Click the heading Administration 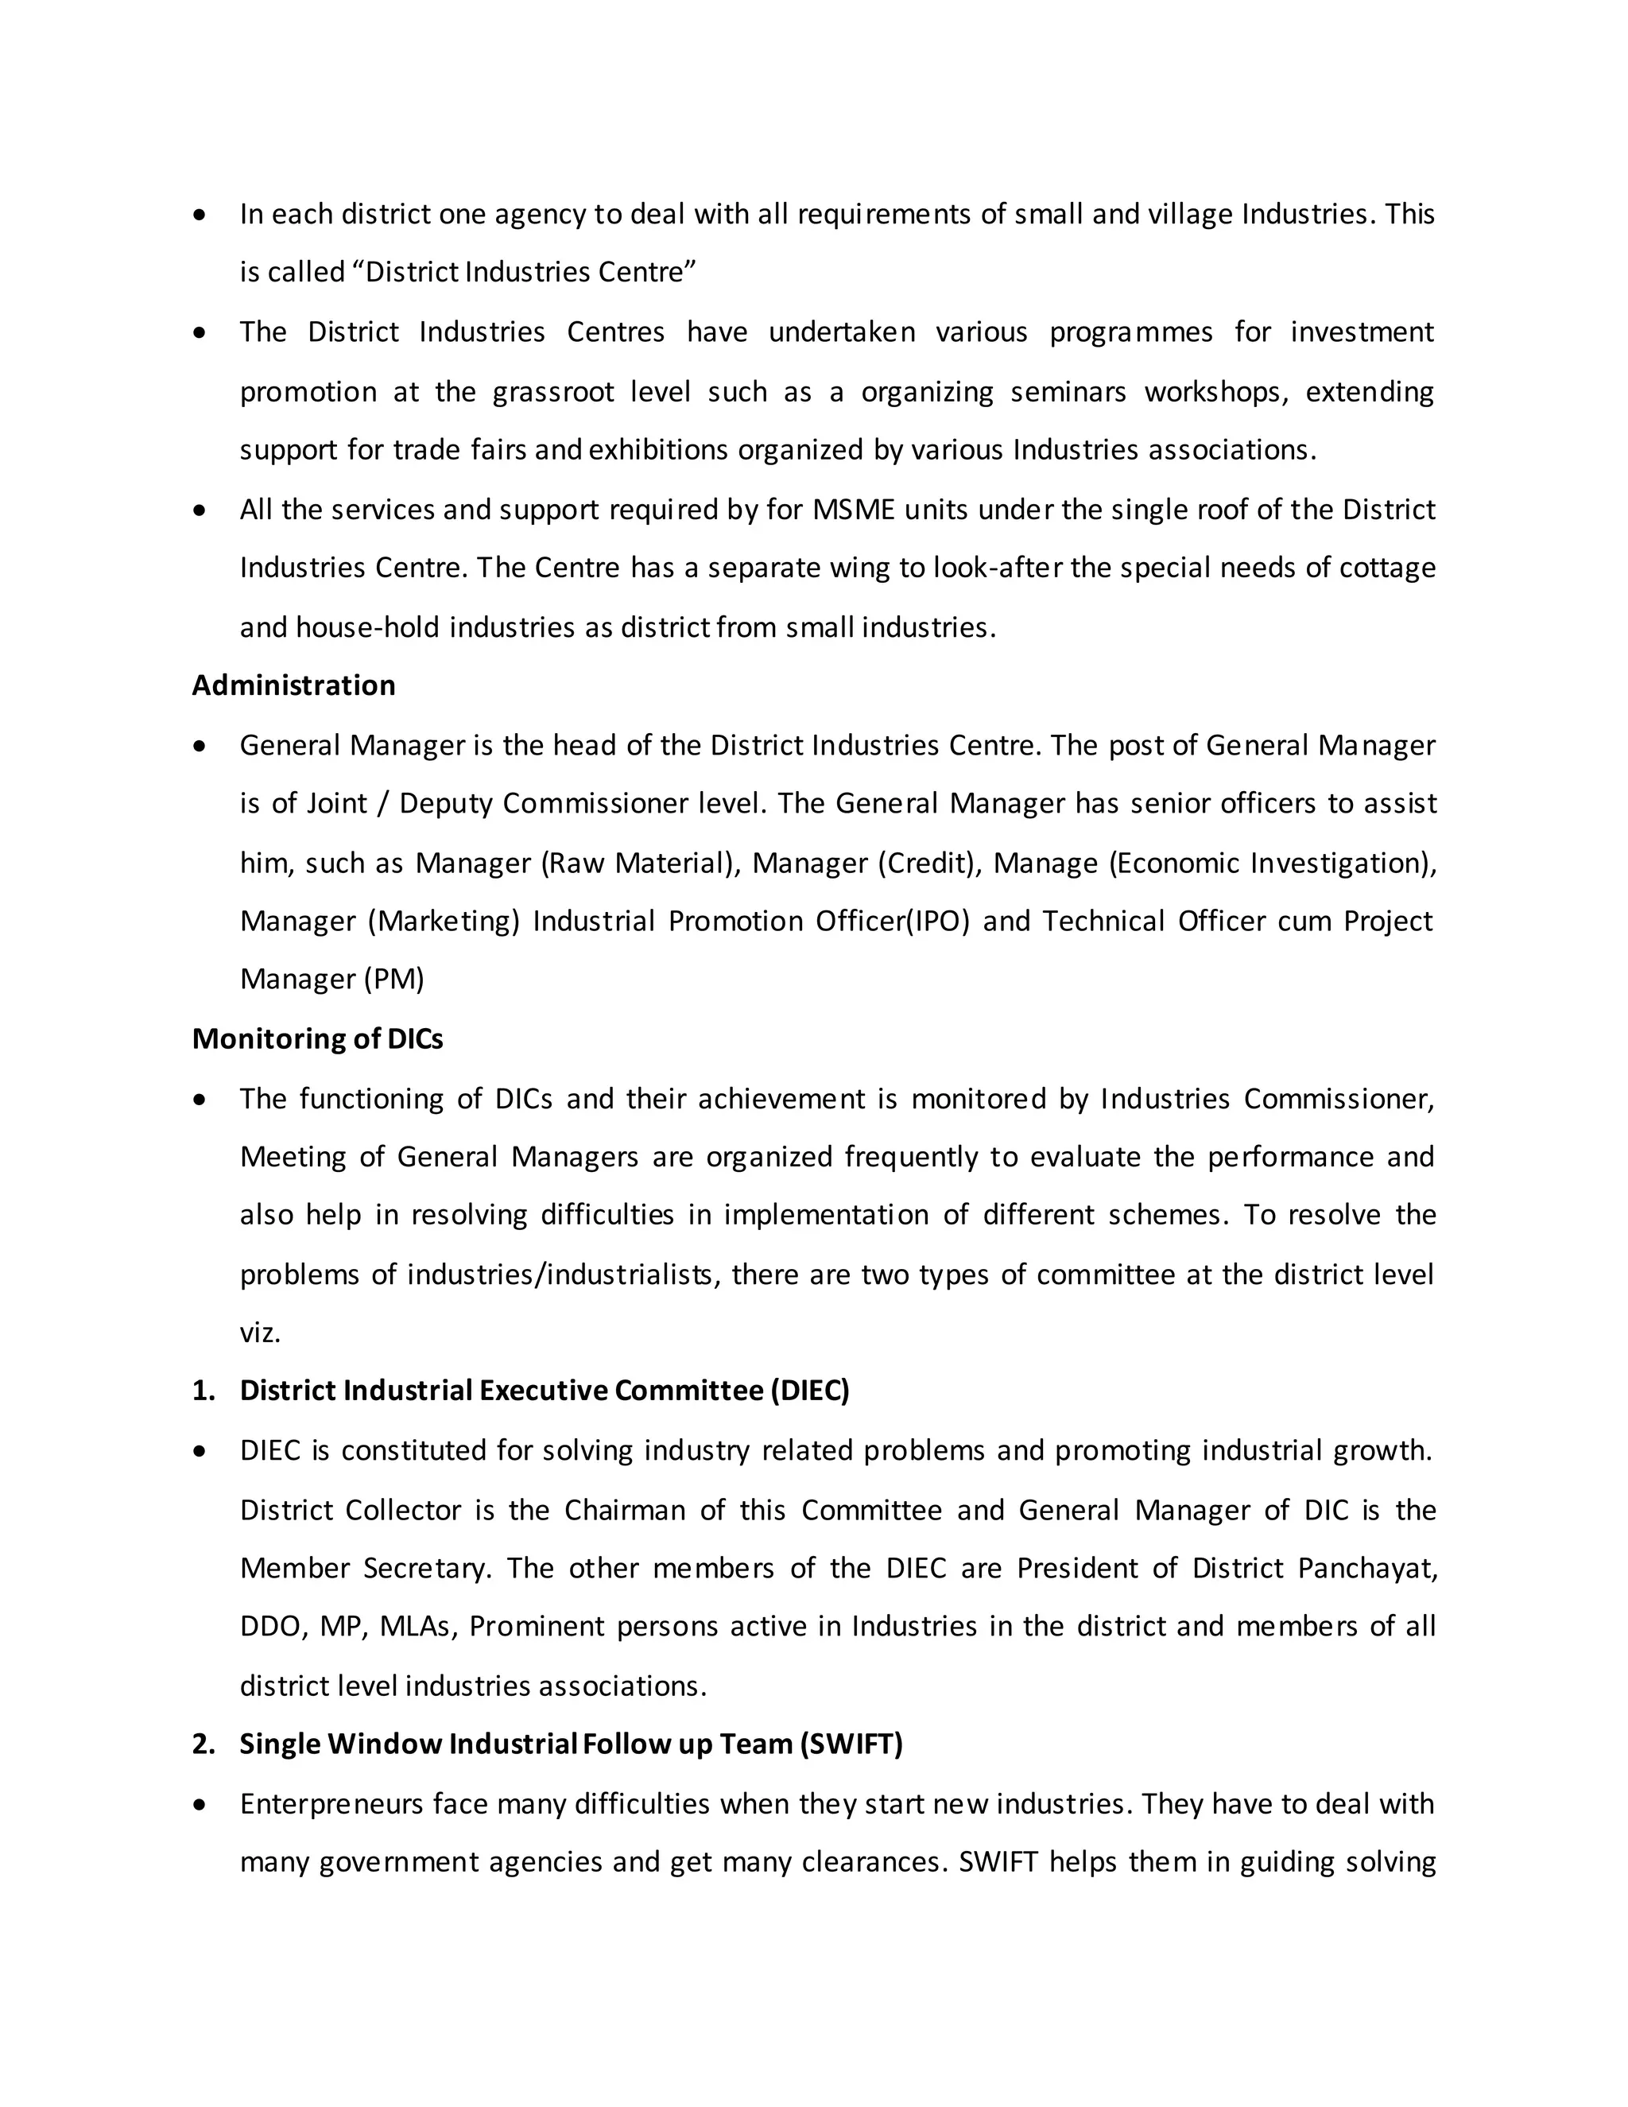point(293,685)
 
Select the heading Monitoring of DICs point(317,1039)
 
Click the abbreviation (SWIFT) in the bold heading point(851,1744)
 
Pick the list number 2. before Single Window point(203,1744)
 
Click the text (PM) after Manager point(393,980)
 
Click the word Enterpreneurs point(331,1804)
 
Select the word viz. point(259,1334)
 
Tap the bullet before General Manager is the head point(200,746)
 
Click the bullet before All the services point(200,510)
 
